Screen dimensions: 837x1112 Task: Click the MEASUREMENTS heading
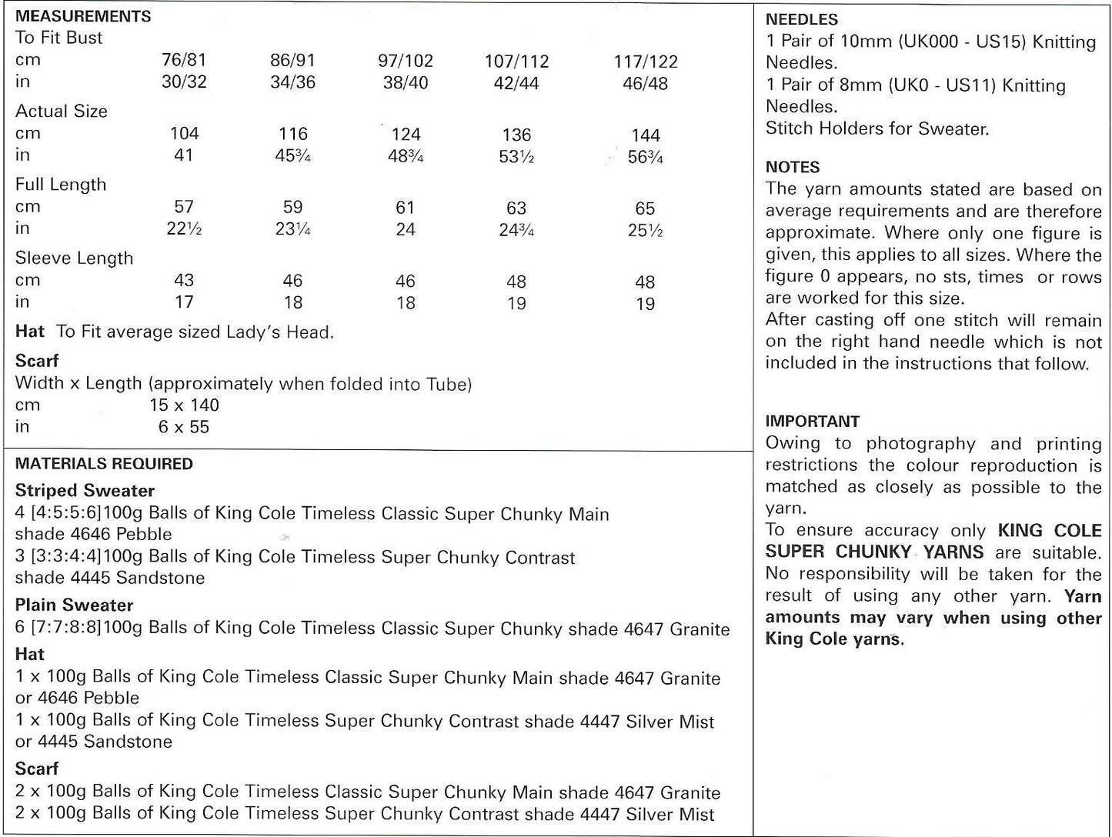pos(83,16)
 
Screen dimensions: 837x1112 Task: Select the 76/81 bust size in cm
pos(184,60)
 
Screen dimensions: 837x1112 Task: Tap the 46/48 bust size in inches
pos(645,83)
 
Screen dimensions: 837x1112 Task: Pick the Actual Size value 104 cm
pos(184,134)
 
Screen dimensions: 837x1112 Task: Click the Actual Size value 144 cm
pos(646,135)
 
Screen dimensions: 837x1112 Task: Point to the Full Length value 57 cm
pos(184,207)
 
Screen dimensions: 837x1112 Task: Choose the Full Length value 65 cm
pos(645,208)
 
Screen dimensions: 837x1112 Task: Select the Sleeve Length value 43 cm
pos(184,281)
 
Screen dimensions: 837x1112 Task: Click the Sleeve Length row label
pos(74,258)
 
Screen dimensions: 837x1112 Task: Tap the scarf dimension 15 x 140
pos(184,405)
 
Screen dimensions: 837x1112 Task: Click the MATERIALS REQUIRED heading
pos(104,464)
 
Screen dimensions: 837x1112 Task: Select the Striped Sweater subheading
pos(85,491)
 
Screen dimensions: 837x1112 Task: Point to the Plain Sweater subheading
pos(74,605)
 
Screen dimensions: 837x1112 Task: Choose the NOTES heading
pos(793,167)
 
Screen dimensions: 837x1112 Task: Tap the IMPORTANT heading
pos(812,422)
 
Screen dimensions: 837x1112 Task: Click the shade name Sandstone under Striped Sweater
pos(165,579)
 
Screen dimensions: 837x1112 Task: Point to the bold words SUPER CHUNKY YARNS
pos(874,552)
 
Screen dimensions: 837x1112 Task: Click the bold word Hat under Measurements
pos(29,332)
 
